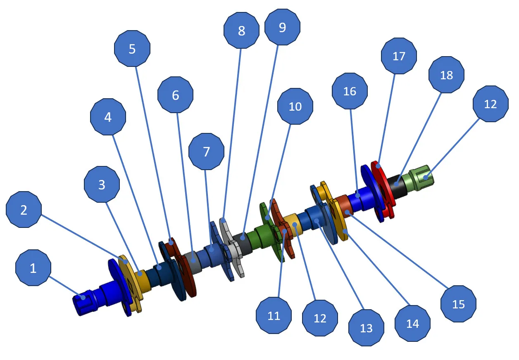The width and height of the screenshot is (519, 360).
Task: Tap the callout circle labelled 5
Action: tap(132, 49)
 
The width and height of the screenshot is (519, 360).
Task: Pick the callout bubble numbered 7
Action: tap(206, 152)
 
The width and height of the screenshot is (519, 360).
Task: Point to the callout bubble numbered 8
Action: tap(241, 30)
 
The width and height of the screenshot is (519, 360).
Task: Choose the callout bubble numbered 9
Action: tap(282, 27)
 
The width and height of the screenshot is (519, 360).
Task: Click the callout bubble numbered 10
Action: tap(295, 107)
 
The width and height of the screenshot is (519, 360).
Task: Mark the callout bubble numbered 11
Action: tap(274, 315)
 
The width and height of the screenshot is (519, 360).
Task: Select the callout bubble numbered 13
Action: tap(366, 328)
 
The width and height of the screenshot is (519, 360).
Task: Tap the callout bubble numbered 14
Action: tap(412, 323)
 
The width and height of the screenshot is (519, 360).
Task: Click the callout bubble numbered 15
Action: tap(458, 304)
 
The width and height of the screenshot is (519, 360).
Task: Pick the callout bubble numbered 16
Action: tap(350, 91)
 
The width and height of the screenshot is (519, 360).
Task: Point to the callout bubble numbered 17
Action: tap(399, 56)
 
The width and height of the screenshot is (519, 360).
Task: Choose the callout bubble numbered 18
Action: tap(446, 75)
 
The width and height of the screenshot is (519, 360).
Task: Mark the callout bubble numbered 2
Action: tap(24, 209)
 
